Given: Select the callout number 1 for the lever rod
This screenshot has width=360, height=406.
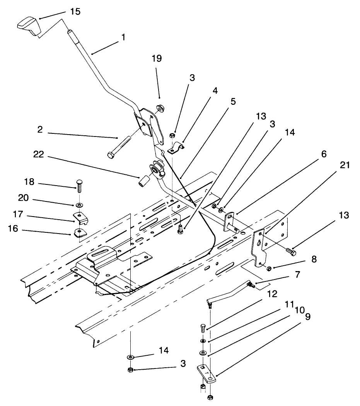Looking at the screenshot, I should tap(123, 38).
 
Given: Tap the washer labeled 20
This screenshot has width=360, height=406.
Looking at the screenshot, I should tap(79, 204).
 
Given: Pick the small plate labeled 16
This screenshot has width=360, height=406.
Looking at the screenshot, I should tap(79, 232).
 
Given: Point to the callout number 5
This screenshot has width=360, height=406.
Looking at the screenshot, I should tap(232, 102).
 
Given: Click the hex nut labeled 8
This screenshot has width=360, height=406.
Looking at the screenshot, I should tap(269, 268).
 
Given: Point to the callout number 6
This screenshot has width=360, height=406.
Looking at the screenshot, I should tap(323, 154).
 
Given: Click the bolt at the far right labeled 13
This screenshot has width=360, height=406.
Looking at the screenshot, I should tap(291, 252).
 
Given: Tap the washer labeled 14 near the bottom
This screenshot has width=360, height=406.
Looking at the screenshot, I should tap(130, 357).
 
